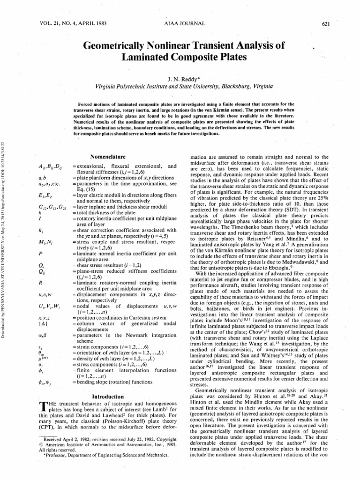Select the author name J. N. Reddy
click(180, 79)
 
